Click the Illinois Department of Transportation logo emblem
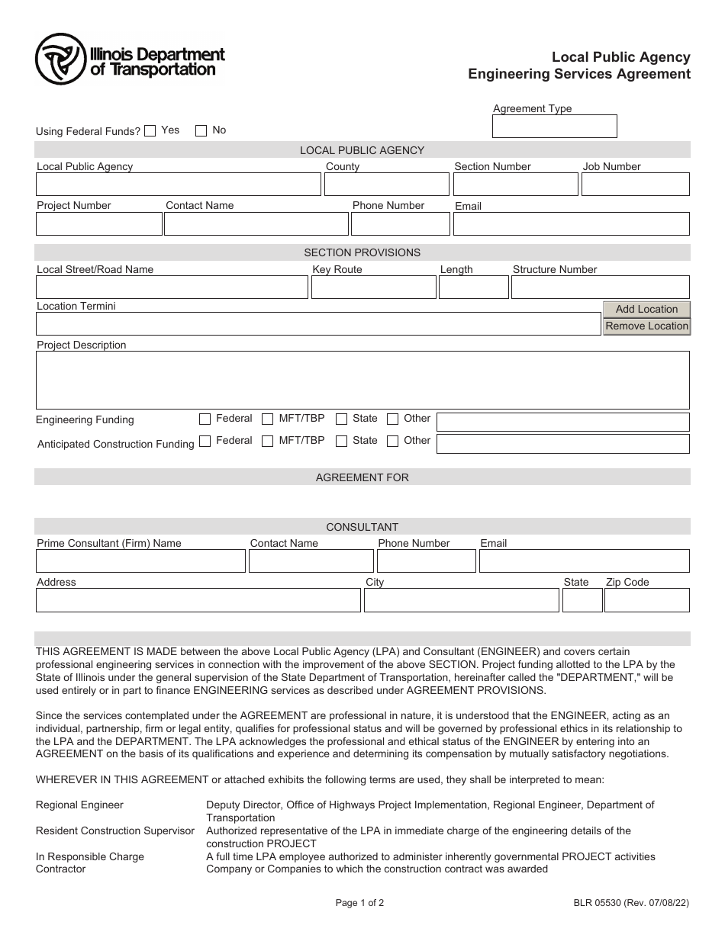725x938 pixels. pos(60,59)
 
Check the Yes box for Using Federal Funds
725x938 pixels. pos(150,130)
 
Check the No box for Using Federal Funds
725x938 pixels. pos(201,130)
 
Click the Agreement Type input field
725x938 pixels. pos(554,127)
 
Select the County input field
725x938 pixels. pos(387,185)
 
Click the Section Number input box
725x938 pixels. pos(515,185)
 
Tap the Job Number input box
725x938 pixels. pos(635,185)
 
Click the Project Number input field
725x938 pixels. pos(98,223)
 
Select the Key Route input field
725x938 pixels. pos(373,287)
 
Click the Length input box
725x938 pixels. pos(473,287)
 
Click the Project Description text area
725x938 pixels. pos(362,380)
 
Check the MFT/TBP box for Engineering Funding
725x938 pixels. pos(268,419)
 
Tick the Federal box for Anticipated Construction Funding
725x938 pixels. pos(205,441)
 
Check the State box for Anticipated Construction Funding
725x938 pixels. pos(342,441)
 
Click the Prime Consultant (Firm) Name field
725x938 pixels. pos(140,561)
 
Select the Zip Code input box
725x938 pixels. pos(646,600)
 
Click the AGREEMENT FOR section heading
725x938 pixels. pos(362,477)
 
